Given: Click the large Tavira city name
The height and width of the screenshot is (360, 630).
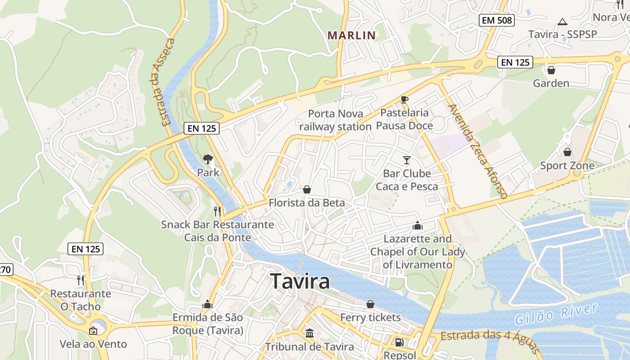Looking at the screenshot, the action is pyautogui.click(x=300, y=281).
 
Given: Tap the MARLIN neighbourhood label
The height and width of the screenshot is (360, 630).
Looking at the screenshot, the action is pyautogui.click(x=351, y=35).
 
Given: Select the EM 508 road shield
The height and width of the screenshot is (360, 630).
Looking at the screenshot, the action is pyautogui.click(x=497, y=20).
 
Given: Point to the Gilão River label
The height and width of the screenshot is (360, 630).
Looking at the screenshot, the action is pyautogui.click(x=556, y=314).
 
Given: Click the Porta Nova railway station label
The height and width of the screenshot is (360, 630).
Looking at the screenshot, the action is pyautogui.click(x=336, y=120).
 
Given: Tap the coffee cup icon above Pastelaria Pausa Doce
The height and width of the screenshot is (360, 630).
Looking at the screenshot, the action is pyautogui.click(x=404, y=99).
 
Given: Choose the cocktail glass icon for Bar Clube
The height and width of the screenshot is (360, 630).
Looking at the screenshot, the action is pyautogui.click(x=407, y=160).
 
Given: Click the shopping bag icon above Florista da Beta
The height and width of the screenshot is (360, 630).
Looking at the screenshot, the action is pyautogui.click(x=307, y=189).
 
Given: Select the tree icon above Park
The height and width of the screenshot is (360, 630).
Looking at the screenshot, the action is pyautogui.click(x=207, y=158).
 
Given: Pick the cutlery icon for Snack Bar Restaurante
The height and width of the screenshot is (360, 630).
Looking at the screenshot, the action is pyautogui.click(x=217, y=211).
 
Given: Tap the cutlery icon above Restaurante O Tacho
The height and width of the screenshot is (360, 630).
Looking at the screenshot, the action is pyautogui.click(x=80, y=280).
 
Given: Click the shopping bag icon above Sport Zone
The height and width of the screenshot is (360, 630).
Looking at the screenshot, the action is pyautogui.click(x=567, y=152).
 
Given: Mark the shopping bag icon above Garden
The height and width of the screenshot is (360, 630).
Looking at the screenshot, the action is pyautogui.click(x=551, y=70).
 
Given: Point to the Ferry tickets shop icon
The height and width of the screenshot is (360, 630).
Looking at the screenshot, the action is pyautogui.click(x=370, y=304).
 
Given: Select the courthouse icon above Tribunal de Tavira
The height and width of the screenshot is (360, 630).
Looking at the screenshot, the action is pyautogui.click(x=310, y=333).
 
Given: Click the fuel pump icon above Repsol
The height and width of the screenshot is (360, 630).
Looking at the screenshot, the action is pyautogui.click(x=399, y=342).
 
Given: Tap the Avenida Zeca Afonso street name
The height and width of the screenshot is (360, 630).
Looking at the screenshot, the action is pyautogui.click(x=478, y=151).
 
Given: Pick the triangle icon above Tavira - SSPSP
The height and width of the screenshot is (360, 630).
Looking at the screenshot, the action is pyautogui.click(x=562, y=22).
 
